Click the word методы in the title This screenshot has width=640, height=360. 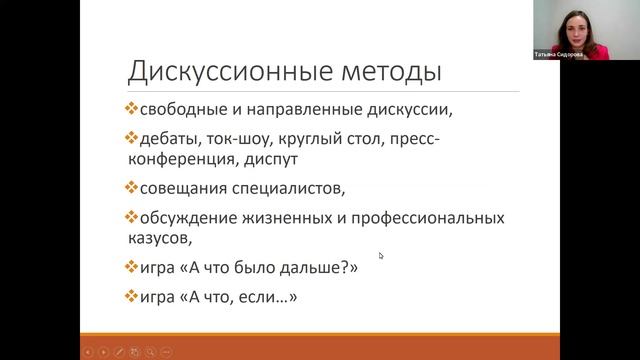tap(389, 72)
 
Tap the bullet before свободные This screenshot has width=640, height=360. tap(130, 108)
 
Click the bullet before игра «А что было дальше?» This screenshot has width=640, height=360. tap(130, 267)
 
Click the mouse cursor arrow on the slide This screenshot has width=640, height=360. tap(381, 255)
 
